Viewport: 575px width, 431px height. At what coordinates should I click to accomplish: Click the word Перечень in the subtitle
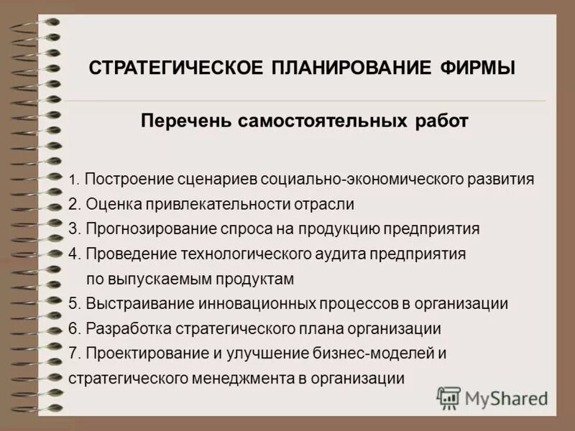coord(183,121)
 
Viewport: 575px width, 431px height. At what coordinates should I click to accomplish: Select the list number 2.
coord(74,205)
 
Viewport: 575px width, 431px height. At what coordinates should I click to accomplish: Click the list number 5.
coord(74,303)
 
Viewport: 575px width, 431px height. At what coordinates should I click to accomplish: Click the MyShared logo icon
coord(448,397)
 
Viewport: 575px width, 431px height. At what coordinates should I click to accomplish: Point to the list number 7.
coord(74,353)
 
